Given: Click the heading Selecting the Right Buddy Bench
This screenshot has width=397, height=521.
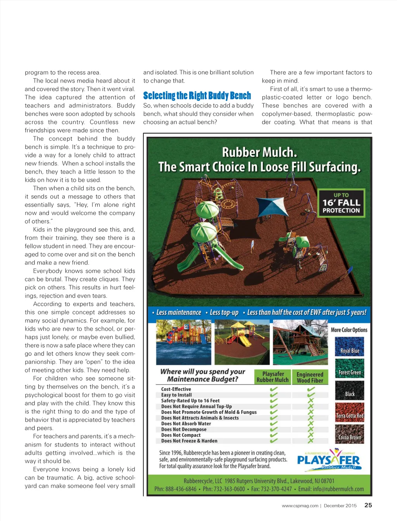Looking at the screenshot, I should pos(197,96).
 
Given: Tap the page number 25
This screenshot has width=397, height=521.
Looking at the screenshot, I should pos(368,505).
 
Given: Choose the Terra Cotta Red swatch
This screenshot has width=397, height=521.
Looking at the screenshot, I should pos(349,412).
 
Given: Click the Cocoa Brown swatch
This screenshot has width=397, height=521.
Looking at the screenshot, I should pos(349,434).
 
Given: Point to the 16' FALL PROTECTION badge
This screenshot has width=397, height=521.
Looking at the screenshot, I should pos(341,203).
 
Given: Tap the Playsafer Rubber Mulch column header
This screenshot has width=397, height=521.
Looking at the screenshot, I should pos(273,377).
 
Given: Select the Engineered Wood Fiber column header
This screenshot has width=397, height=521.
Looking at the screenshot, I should pos(310,377).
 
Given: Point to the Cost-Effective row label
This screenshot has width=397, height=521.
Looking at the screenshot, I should pos(176,389).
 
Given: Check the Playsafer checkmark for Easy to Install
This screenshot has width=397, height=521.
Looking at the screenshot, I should pos(274,395).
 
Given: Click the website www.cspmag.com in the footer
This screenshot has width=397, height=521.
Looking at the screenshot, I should pos(300,505).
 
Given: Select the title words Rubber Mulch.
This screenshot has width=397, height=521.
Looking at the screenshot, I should pos(259,152).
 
